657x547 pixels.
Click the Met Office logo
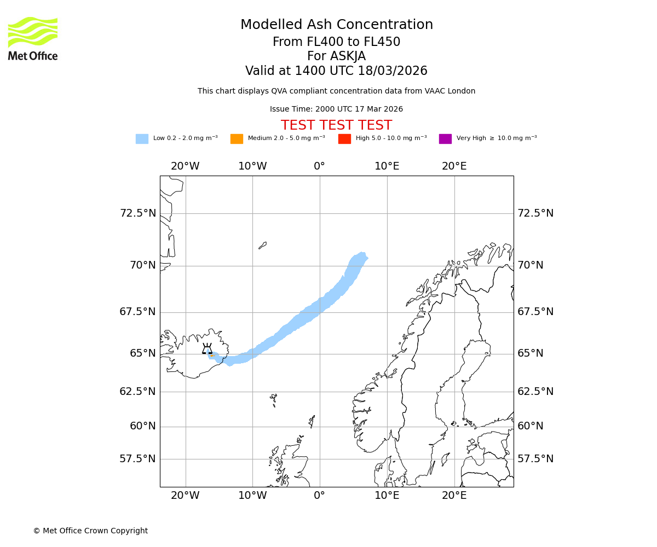point(33,38)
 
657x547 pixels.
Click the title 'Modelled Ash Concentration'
point(337,25)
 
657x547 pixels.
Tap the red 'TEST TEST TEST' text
point(336,125)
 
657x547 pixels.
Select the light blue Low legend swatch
point(142,138)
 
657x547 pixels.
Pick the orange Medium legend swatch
point(237,138)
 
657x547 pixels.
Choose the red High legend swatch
point(344,138)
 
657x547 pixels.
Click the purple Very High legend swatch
point(445,138)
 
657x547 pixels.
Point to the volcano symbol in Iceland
point(207,349)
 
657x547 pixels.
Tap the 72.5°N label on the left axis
point(138,213)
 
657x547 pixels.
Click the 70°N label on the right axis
point(531,265)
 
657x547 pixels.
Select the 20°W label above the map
point(185,166)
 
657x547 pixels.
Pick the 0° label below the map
point(320,496)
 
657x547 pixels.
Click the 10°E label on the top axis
point(387,166)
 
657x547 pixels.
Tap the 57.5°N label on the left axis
point(138,458)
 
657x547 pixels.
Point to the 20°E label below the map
point(454,496)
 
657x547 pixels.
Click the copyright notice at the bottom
point(90,531)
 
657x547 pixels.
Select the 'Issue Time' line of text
point(336,109)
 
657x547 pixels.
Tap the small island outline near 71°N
point(263,246)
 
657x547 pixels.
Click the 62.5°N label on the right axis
point(535,391)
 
